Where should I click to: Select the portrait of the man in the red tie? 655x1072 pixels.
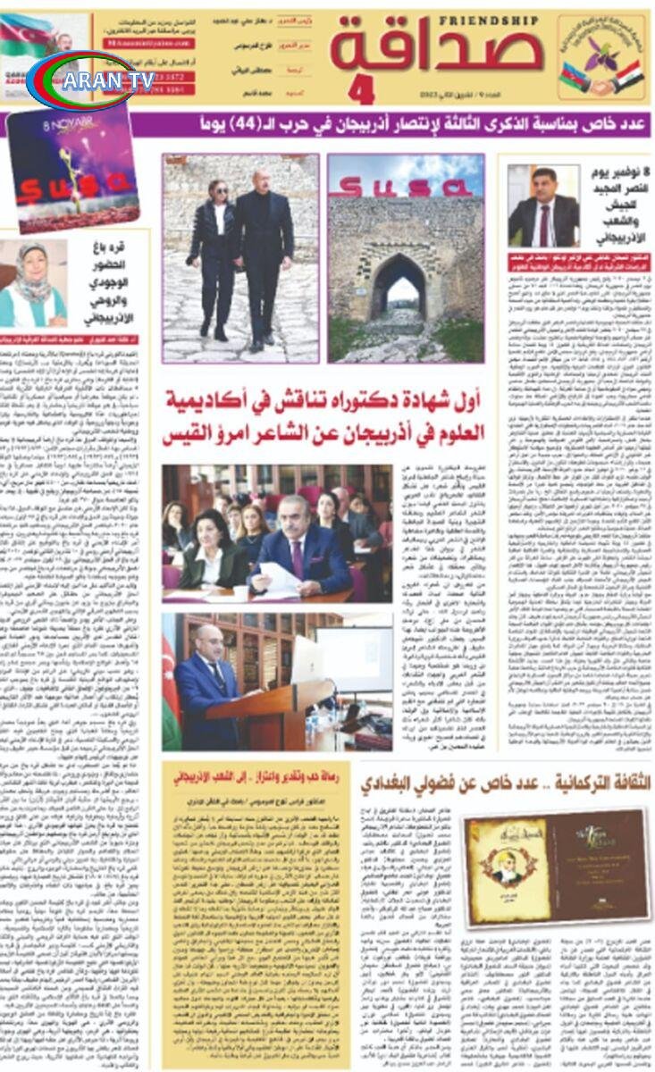click(x=542, y=206)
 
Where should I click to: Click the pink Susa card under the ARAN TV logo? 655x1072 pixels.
click(x=71, y=170)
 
